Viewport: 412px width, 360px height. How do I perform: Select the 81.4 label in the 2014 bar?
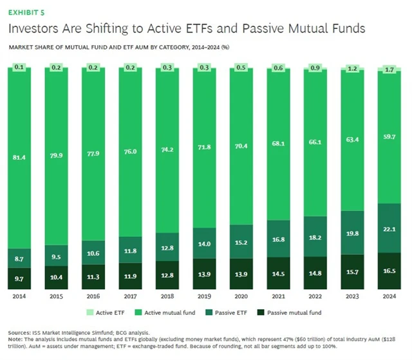coord(20,154)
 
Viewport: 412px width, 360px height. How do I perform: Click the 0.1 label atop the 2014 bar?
coord(20,67)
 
